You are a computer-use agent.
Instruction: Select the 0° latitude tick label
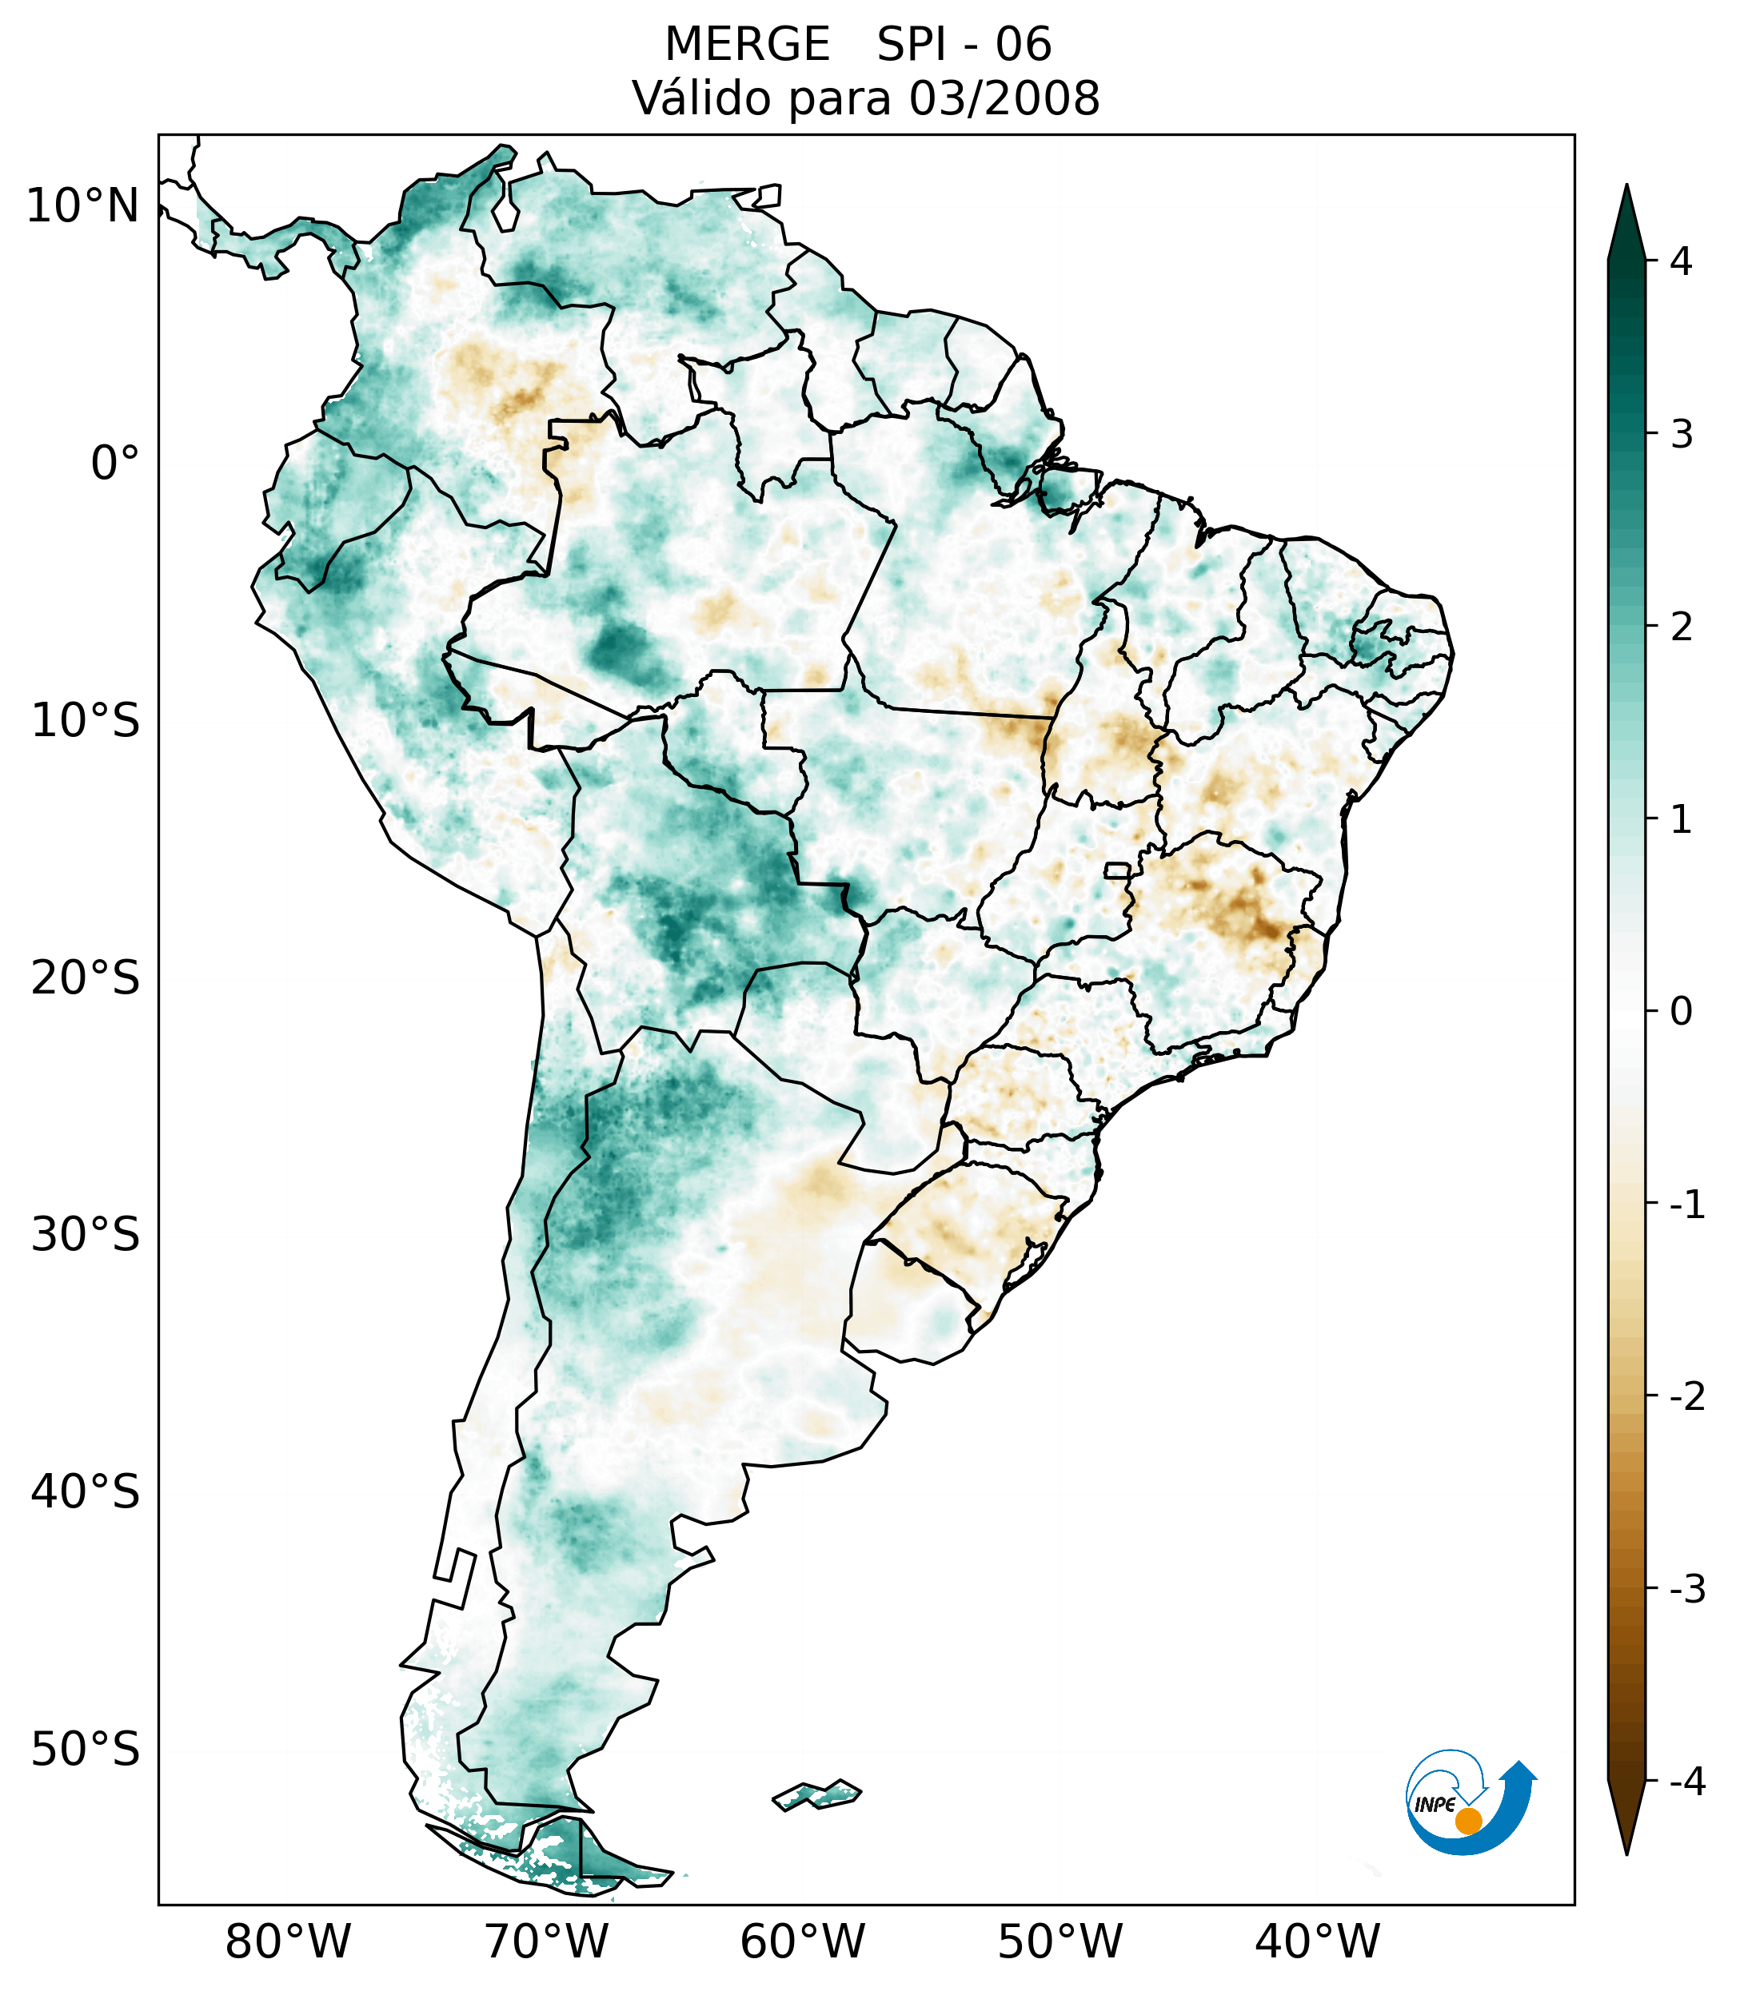pyautogui.click(x=115, y=463)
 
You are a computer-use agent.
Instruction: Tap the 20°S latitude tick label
pyautogui.click(x=86, y=978)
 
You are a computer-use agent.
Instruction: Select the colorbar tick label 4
pyautogui.click(x=1681, y=261)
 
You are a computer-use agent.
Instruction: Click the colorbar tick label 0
pyautogui.click(x=1681, y=1012)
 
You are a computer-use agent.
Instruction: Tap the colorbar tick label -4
pyautogui.click(x=1686, y=1782)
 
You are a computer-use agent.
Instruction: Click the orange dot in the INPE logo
pyautogui.click(x=1468, y=1821)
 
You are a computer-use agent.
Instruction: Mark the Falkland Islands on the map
pyautogui.click(x=816, y=1794)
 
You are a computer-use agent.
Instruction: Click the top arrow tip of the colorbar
pyautogui.click(x=1626, y=188)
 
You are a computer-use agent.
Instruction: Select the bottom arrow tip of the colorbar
pyautogui.click(x=1626, y=1851)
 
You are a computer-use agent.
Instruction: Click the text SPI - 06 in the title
pyautogui.click(x=964, y=45)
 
